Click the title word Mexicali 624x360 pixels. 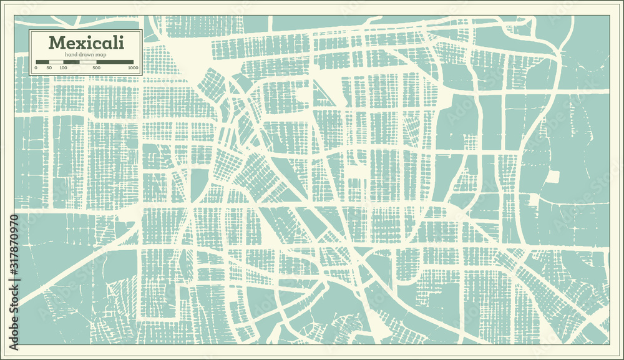86,43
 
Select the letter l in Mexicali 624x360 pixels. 115,42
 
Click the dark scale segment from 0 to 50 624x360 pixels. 42,61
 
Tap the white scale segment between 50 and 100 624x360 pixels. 56,61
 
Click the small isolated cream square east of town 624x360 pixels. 552,177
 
